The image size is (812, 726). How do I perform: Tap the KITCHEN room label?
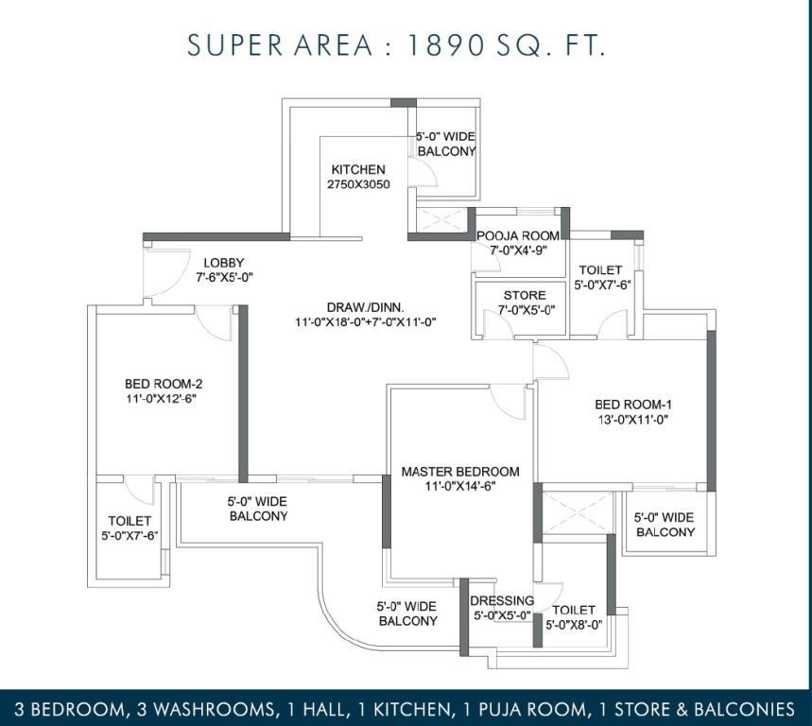tap(358, 169)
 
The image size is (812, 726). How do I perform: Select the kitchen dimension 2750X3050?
tap(358, 183)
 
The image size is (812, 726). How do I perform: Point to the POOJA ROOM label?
tap(518, 235)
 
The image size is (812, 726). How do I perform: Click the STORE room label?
tap(525, 295)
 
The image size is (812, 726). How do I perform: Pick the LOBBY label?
tap(224, 263)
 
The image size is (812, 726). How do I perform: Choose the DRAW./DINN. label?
tap(366, 306)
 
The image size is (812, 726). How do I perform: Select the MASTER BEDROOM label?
tap(460, 471)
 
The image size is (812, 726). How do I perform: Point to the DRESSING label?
tap(502, 600)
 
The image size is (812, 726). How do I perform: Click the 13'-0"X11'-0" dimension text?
tap(632, 419)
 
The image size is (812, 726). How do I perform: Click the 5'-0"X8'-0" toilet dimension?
tap(574, 625)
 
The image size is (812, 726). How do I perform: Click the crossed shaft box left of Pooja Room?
tap(441, 220)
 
